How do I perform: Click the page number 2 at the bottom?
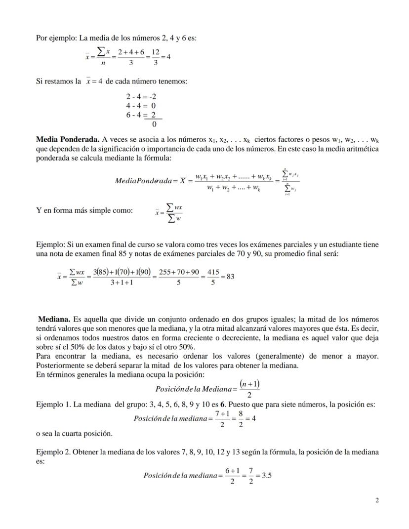pos(377,500)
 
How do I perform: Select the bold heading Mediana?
pos(54,319)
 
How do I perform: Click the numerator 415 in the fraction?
pos(213,272)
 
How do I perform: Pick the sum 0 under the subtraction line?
pos(154,124)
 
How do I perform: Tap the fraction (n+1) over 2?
pos(249,389)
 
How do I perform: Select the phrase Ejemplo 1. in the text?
pos(53,405)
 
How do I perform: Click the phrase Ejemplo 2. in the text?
pos(53,452)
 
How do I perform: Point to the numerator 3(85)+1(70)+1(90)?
pos(122,272)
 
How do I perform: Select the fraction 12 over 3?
pos(156,57)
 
